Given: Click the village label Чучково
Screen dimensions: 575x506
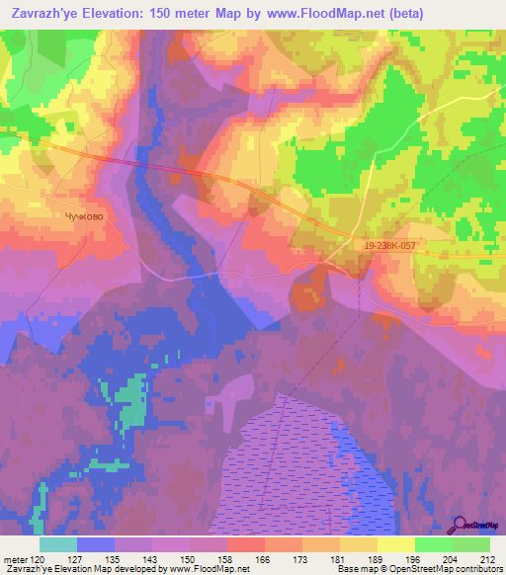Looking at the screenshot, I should pos(84,216).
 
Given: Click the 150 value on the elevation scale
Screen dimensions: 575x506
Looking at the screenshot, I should pos(189,558).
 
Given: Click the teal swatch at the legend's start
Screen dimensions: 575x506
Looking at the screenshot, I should pos(57,544).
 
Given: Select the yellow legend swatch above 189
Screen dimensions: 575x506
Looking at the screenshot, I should pos(359,544).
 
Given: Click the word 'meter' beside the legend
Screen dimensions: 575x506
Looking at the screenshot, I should pos(14,558).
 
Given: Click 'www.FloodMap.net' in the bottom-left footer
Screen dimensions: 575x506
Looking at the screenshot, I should pos(211,569).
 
